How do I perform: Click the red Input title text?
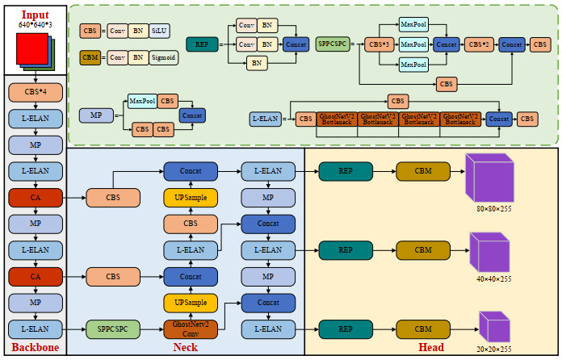[x=35, y=15]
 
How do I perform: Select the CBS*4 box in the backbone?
[x=35, y=92]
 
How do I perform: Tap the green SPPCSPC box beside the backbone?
[x=113, y=329]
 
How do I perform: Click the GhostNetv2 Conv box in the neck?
[x=191, y=329]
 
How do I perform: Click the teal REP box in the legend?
[x=202, y=44]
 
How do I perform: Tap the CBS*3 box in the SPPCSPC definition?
[x=380, y=44]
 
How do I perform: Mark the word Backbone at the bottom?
[x=34, y=348]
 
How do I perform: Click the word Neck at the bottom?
[x=185, y=348]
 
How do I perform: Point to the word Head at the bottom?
[x=430, y=348]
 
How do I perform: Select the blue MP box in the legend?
[x=96, y=115]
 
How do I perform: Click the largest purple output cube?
[x=489, y=178]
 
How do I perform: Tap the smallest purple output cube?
[x=494, y=327]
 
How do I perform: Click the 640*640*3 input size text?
[x=35, y=26]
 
